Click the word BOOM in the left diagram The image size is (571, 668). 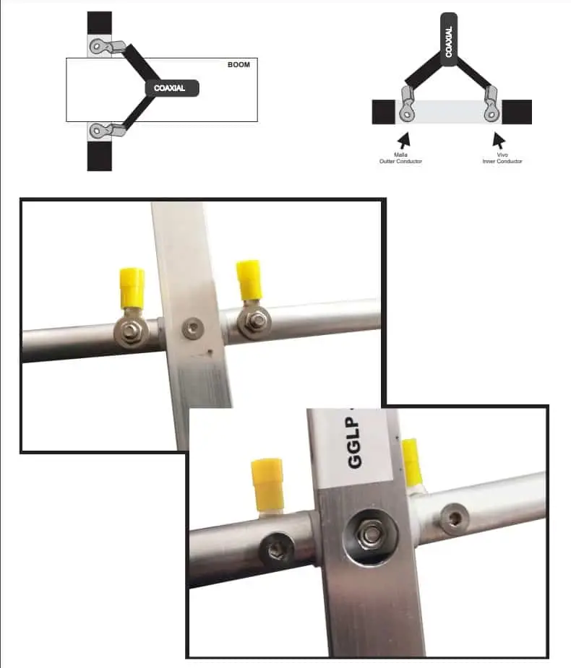238,65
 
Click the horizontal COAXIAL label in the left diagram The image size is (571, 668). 171,88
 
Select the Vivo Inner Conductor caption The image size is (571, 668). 502,157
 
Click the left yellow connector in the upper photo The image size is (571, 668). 132,287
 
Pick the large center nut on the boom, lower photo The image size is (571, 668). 369,535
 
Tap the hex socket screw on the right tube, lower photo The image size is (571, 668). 455,520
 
